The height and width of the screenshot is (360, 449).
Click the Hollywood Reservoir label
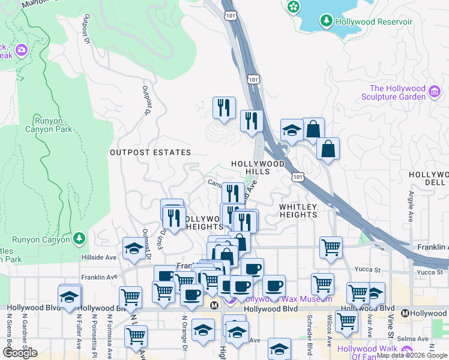(375, 22)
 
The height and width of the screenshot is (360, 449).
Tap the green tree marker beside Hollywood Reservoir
(327, 21)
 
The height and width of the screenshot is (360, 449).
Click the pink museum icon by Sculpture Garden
(435, 92)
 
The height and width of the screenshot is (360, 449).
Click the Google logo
(20, 353)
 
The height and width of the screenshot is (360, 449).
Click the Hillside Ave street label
(98, 257)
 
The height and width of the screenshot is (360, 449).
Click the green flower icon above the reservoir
(294, 7)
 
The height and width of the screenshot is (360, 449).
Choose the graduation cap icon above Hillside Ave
(133, 247)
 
